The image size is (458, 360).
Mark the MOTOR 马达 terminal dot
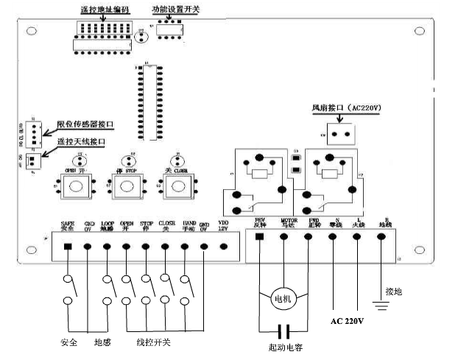tap(283, 236)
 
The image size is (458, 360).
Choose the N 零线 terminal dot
tap(333, 236)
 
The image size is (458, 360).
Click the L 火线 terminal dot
tap(358, 236)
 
